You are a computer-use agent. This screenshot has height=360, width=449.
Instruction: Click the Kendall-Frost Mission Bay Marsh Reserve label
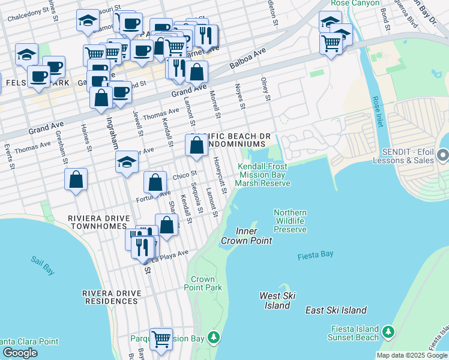click(x=263, y=175)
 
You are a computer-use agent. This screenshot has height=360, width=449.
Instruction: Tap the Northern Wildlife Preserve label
click(x=290, y=221)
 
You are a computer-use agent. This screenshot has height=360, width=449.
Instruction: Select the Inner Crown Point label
click(x=246, y=236)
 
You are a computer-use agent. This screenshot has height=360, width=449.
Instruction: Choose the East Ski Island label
click(x=336, y=310)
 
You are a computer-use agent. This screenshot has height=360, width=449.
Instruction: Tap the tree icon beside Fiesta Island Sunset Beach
click(x=388, y=332)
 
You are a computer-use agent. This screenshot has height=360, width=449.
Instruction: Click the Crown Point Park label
click(x=206, y=284)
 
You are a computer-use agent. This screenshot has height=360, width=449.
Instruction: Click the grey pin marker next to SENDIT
click(x=443, y=157)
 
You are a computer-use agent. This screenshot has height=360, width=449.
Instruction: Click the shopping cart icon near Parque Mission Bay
click(x=161, y=339)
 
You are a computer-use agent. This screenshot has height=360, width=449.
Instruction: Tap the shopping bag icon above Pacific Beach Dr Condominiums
click(x=196, y=146)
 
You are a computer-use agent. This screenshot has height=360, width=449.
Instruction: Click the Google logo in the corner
click(x=20, y=353)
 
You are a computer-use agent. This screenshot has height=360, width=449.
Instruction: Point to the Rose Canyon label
click(x=355, y=4)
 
